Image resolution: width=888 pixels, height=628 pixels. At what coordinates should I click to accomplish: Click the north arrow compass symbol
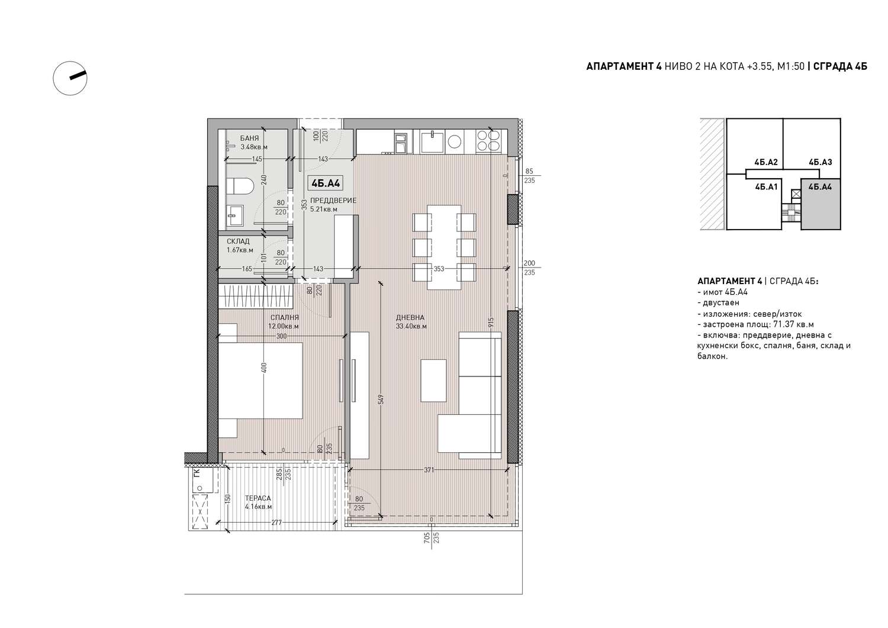pos(70,78)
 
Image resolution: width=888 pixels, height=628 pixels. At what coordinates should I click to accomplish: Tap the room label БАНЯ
pos(249,139)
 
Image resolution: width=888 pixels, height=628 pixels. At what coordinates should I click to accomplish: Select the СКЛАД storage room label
pos(238,241)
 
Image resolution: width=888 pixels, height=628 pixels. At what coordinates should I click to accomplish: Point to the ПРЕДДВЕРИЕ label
pos(333,201)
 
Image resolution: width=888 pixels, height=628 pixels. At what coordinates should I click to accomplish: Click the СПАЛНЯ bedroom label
pos(285,318)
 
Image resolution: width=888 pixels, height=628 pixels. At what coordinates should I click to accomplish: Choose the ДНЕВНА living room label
pos(410,318)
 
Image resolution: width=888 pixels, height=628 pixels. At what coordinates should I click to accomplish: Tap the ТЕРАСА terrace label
pos(258,498)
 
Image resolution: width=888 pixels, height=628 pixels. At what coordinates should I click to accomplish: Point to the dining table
pos(444,247)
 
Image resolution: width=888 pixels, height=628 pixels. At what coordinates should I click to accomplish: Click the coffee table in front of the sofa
pos(433,381)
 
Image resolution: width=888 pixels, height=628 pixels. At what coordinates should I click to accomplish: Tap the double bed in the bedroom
pos(260,381)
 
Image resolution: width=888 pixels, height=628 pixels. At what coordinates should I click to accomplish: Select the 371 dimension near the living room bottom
pos(429,470)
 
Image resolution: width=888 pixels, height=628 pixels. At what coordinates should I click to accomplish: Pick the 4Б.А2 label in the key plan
pos(766,162)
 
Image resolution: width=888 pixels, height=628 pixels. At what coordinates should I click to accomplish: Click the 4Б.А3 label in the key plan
pos(820,162)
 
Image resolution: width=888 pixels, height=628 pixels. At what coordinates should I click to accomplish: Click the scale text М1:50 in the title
pos(791,66)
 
